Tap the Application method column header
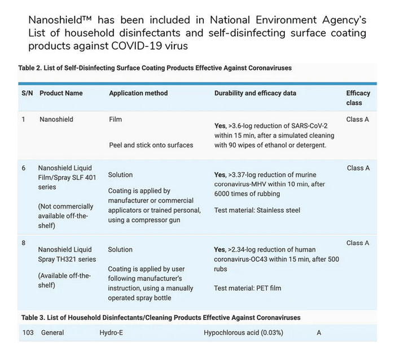(x=138, y=93)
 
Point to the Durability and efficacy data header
(x=255, y=93)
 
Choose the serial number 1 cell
(x=24, y=120)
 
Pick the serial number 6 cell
(x=24, y=168)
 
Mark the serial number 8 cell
(x=24, y=243)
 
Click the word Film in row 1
(x=115, y=120)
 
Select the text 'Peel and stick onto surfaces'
(x=151, y=145)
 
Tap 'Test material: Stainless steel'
(x=257, y=210)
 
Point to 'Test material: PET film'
(x=248, y=288)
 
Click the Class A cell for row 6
(x=358, y=168)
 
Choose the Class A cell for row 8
(x=358, y=243)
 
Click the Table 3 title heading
(x=161, y=318)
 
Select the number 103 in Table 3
(x=28, y=333)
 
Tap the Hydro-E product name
(x=111, y=333)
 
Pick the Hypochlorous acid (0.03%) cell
(x=243, y=333)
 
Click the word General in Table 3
(x=53, y=333)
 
